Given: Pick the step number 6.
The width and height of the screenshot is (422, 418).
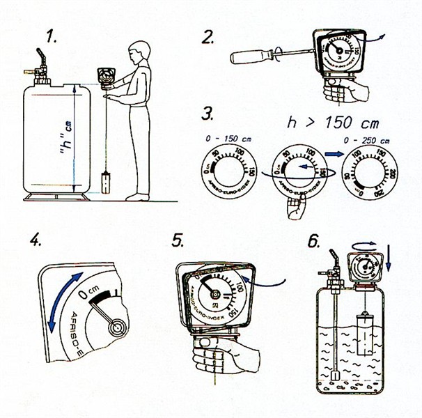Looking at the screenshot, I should (x=314, y=240).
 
